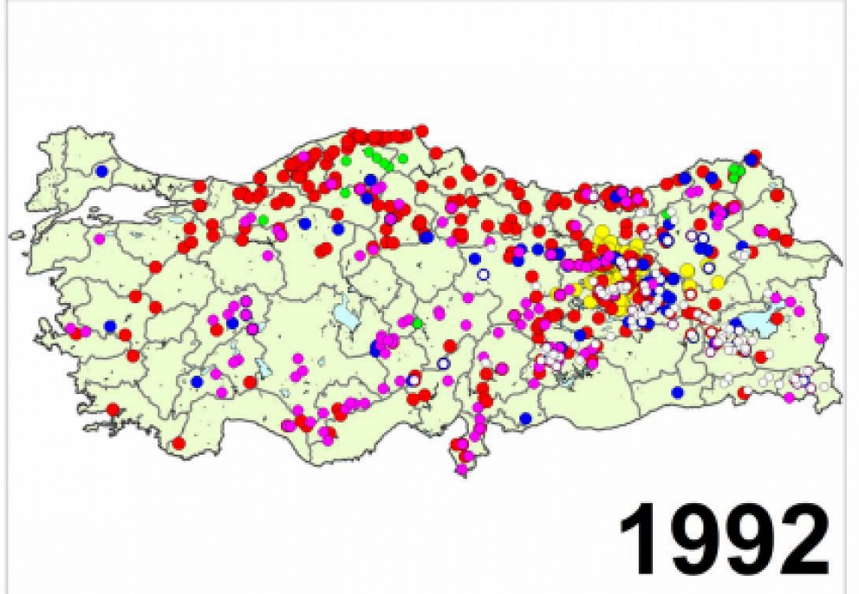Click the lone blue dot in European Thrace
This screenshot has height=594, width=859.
pos(102,170)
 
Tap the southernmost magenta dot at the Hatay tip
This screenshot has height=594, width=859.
pos(463,468)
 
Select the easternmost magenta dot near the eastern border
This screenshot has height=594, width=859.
pos(821,338)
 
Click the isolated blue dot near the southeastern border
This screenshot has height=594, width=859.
pos(678,392)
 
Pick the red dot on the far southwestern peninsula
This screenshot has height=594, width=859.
pos(113,409)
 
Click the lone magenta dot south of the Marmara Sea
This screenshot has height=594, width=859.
pos(99,238)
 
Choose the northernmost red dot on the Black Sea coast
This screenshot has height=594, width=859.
pos(422,130)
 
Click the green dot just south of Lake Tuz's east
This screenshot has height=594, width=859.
pos(418,323)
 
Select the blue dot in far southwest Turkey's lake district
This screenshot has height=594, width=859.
pos(197,381)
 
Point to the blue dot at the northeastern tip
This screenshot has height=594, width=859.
pos(750,159)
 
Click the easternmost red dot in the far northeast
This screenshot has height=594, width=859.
pos(786,240)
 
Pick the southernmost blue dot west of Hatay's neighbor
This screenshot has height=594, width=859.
pos(526,418)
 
